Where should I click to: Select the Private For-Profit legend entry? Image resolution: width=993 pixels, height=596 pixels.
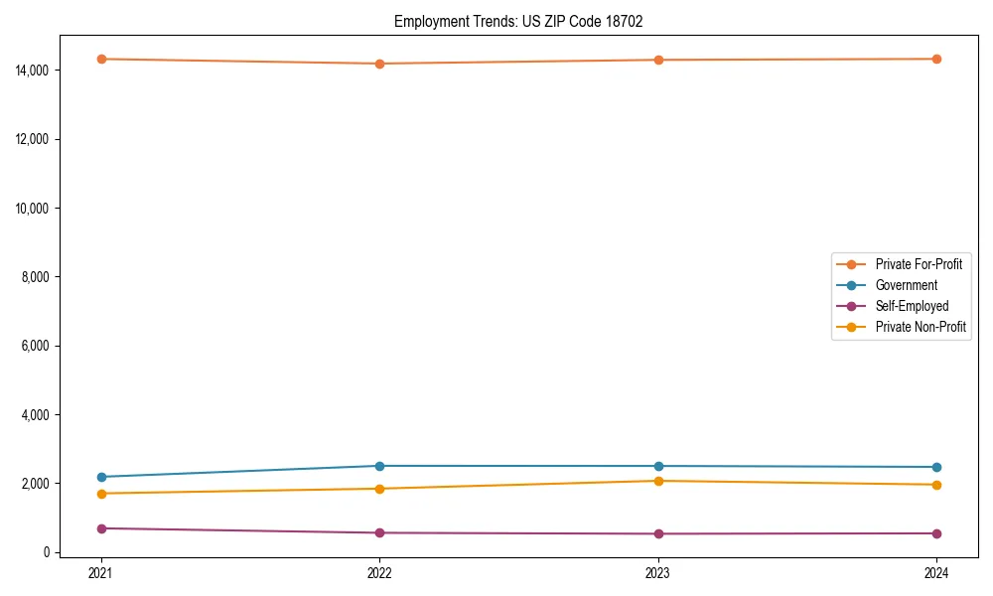click(x=918, y=264)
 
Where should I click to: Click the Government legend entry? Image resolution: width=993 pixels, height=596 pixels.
click(x=906, y=285)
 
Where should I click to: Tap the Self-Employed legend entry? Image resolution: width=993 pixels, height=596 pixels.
click(x=912, y=306)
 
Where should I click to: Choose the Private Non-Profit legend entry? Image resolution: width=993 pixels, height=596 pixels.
click(x=921, y=327)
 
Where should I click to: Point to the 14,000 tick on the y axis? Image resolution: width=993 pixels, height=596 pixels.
click(x=33, y=71)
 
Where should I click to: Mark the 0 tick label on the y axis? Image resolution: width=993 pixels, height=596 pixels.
click(x=47, y=552)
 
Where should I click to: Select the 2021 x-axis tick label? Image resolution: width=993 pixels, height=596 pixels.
click(x=100, y=572)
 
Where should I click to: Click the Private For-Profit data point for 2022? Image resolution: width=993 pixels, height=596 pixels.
click(x=379, y=64)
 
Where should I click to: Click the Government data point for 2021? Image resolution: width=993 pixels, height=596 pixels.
click(x=100, y=477)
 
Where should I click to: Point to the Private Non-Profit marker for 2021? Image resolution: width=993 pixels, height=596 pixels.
click(x=100, y=494)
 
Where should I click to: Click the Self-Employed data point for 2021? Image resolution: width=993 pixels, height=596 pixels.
click(x=100, y=528)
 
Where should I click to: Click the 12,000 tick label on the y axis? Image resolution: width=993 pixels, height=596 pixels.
click(x=33, y=139)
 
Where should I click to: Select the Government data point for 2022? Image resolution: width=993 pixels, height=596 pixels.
click(x=379, y=466)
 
